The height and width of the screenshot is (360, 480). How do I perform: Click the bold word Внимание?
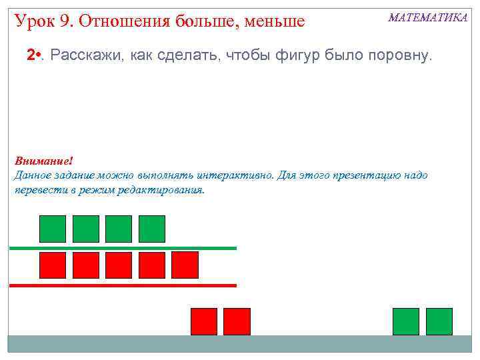pos(43,161)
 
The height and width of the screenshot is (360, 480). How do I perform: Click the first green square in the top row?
pos(53,229)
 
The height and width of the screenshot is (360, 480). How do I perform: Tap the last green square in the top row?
pos(151,229)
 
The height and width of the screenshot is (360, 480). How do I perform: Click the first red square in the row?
pos(53,265)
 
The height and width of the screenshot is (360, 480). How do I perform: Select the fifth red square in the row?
pos(185,265)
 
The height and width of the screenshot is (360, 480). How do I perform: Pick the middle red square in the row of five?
pos(119,265)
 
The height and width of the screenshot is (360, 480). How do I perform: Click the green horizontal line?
pos(123,248)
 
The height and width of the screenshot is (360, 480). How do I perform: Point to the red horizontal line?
pos(123,285)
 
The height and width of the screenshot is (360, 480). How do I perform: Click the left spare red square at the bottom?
pos(204,321)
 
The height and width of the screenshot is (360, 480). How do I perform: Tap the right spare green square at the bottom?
pos(439,321)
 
